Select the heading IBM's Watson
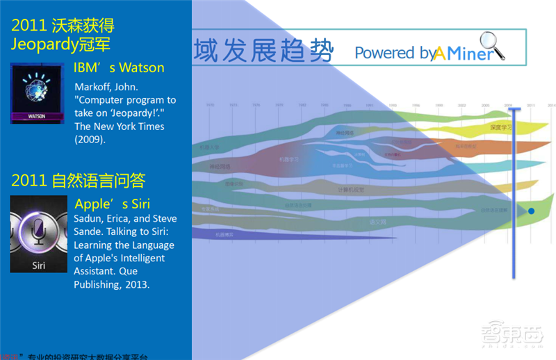(119, 68)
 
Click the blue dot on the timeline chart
(531, 211)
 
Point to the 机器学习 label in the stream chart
(288, 159)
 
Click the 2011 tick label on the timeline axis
(531, 105)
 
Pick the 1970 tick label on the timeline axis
(210, 105)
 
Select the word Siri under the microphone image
(38, 265)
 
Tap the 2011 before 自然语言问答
(28, 181)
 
